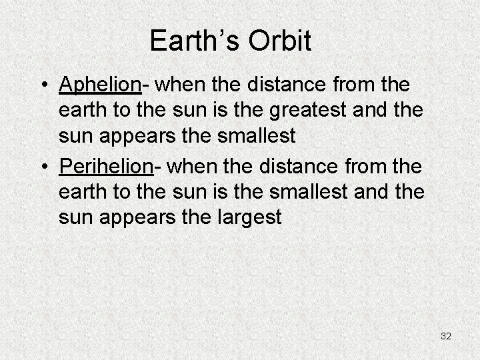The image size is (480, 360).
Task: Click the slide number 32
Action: point(446,336)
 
